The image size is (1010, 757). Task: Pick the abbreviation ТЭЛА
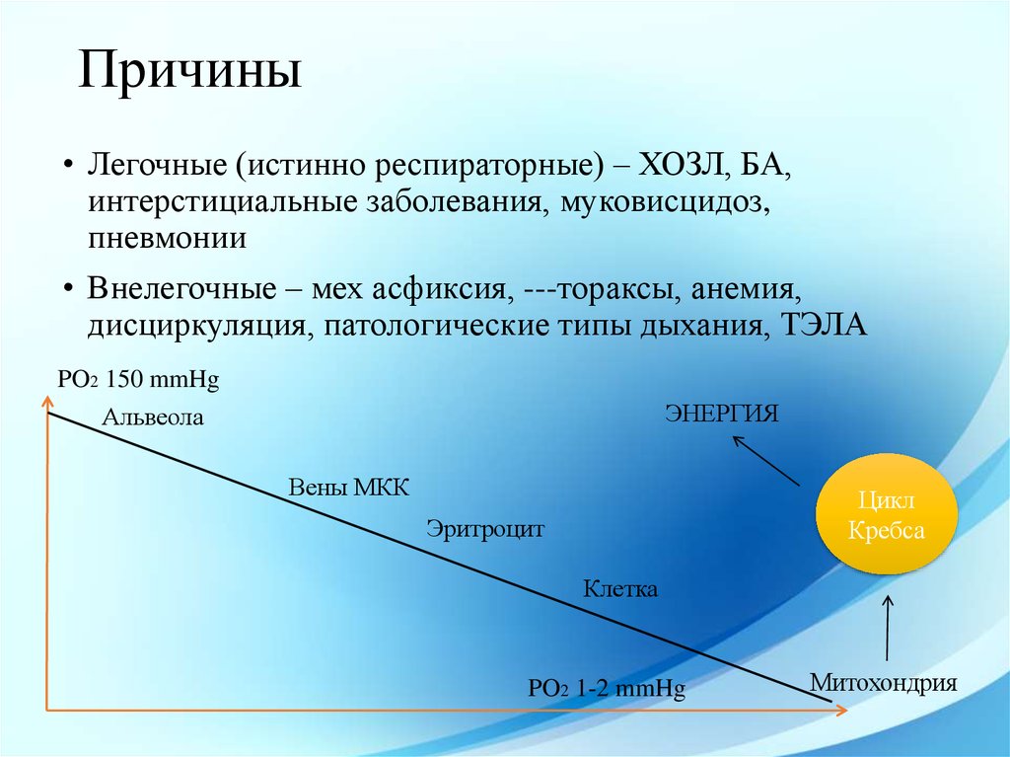point(824,327)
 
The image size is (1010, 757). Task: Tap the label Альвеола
point(153,418)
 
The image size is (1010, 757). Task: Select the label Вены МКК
point(347,489)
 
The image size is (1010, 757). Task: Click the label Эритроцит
point(485,529)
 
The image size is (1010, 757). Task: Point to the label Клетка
point(619,590)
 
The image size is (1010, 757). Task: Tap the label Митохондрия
point(884,682)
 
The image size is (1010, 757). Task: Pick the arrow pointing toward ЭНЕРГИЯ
point(765,460)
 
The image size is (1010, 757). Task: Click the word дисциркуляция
point(193,327)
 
